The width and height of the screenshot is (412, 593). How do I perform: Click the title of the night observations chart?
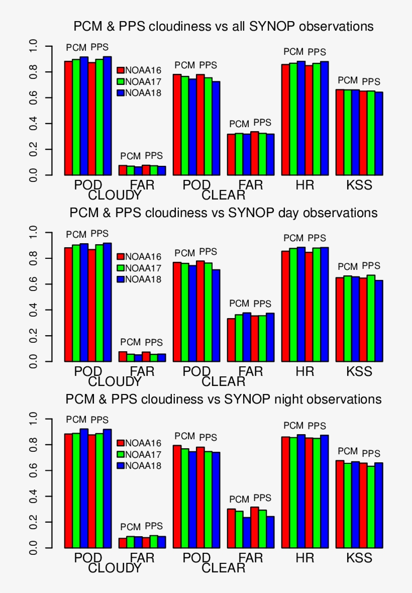pyautogui.click(x=224, y=400)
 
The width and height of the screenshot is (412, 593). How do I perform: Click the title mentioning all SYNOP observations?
pyautogui.click(x=224, y=26)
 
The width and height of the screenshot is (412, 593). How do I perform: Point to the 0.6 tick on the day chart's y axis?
pyautogui.click(x=34, y=284)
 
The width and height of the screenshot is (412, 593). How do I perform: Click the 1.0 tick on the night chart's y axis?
pyautogui.click(x=34, y=419)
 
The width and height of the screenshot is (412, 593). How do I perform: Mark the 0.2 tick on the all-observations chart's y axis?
pyautogui.click(x=34, y=150)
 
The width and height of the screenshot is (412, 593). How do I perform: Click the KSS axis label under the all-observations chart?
pyautogui.click(x=359, y=185)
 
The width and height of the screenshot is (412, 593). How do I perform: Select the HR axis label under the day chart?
pyautogui.click(x=305, y=371)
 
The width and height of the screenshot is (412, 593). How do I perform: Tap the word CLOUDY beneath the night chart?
pyautogui.click(x=115, y=568)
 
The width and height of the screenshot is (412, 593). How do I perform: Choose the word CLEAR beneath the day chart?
pyautogui.click(x=224, y=382)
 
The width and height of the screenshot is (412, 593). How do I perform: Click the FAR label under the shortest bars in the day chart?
pyautogui.click(x=142, y=371)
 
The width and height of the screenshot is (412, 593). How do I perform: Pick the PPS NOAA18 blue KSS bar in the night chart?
pyautogui.click(x=379, y=505)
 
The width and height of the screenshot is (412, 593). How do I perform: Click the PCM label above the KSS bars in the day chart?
pyautogui.click(x=348, y=267)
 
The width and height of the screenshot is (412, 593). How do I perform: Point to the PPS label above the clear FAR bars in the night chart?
pyautogui.click(x=262, y=498)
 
